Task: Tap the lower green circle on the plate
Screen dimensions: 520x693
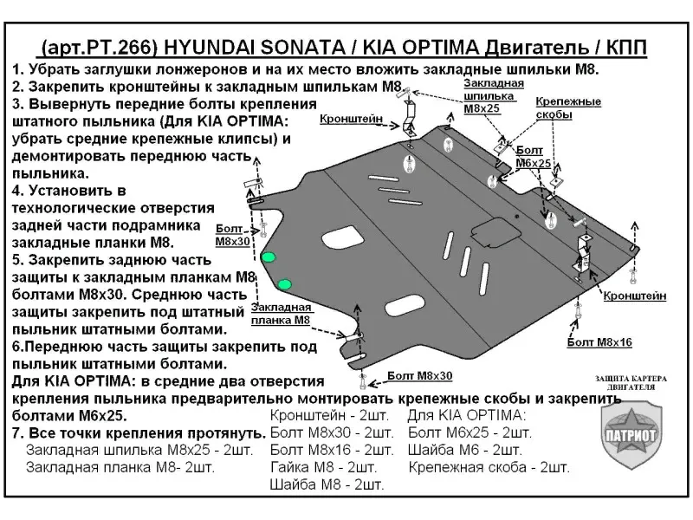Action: point(286,282)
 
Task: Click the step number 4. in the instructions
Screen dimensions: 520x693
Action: point(20,189)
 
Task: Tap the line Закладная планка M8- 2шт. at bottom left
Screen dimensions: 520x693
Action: point(120,466)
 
